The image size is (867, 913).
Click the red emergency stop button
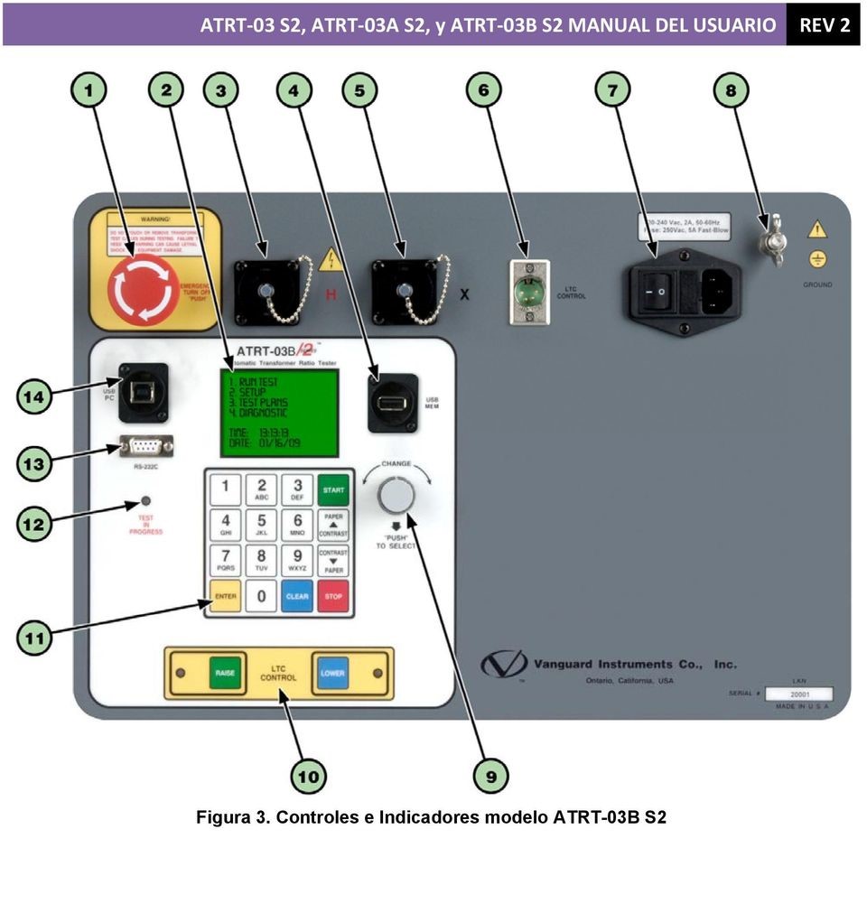point(143,289)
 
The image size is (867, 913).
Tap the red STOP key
point(333,596)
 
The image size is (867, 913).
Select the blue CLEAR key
point(297,596)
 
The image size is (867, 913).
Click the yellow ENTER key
point(225,596)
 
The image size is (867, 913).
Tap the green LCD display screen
point(281,413)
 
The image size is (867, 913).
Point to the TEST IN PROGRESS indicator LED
point(144,501)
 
